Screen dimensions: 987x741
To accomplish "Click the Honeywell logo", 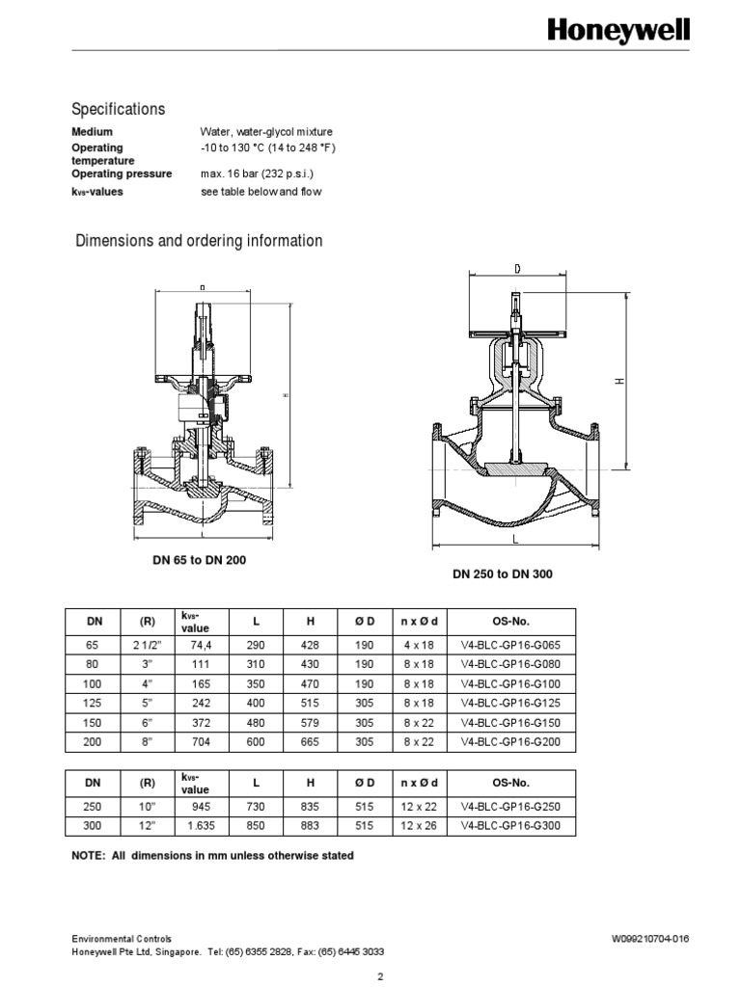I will (618, 31).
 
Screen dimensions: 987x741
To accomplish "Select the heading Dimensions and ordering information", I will (199, 240).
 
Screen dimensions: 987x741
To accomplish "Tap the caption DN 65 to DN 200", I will (192, 560).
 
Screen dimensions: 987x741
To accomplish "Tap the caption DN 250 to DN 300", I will (503, 574).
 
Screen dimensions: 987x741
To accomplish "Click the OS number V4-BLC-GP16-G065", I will (509, 645).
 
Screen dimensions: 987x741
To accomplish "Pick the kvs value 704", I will (201, 741).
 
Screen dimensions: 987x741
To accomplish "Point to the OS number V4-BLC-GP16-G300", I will (509, 826).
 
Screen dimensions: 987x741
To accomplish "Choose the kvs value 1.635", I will (201, 826).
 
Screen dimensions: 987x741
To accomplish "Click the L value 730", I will (256, 807).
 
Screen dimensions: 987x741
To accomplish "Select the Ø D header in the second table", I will (364, 783).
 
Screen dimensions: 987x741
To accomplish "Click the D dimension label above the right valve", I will (518, 269).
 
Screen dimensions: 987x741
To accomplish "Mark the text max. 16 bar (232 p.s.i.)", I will (257, 174).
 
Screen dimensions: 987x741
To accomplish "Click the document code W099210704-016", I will (650, 938).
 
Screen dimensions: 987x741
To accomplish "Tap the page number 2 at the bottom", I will (381, 976).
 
